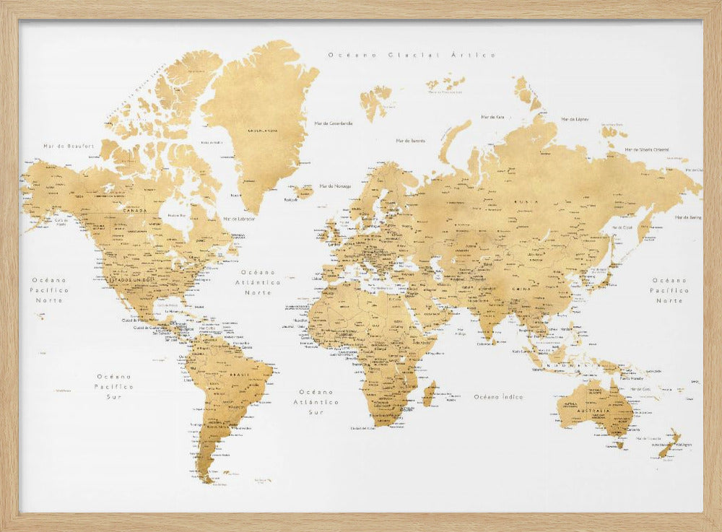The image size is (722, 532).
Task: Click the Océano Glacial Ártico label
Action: coord(412,55)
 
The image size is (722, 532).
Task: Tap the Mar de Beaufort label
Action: coord(69,146)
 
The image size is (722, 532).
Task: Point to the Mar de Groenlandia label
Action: coord(334,123)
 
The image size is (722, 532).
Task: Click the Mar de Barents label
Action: coord(410,141)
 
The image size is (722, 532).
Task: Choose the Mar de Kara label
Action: coord(492,116)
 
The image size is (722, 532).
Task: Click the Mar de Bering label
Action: coord(688,217)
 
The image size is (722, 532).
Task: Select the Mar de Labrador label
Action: coord(239,218)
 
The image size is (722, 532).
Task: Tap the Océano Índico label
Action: coord(499,396)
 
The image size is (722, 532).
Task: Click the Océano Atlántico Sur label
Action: coord(316,402)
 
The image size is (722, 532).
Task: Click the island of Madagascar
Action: coord(429,394)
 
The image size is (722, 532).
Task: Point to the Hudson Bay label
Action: coord(178,214)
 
